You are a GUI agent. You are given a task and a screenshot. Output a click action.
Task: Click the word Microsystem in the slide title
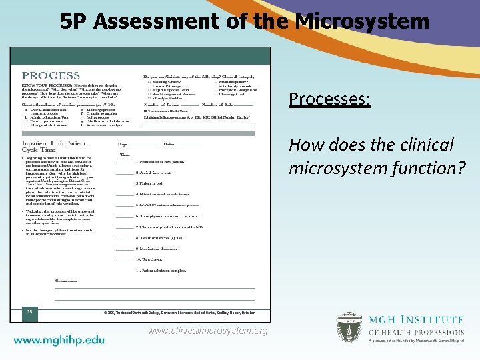pyautogui.click(x=362, y=22)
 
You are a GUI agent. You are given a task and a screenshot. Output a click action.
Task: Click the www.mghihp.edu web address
pyautogui.click(x=59, y=339)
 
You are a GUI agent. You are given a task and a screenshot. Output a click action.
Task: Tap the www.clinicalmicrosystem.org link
pyautogui.click(x=207, y=331)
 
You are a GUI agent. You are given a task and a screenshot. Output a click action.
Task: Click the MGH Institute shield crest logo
pyautogui.click(x=349, y=327)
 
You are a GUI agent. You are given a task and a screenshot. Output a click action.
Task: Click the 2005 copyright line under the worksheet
pyautogui.click(x=178, y=312)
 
